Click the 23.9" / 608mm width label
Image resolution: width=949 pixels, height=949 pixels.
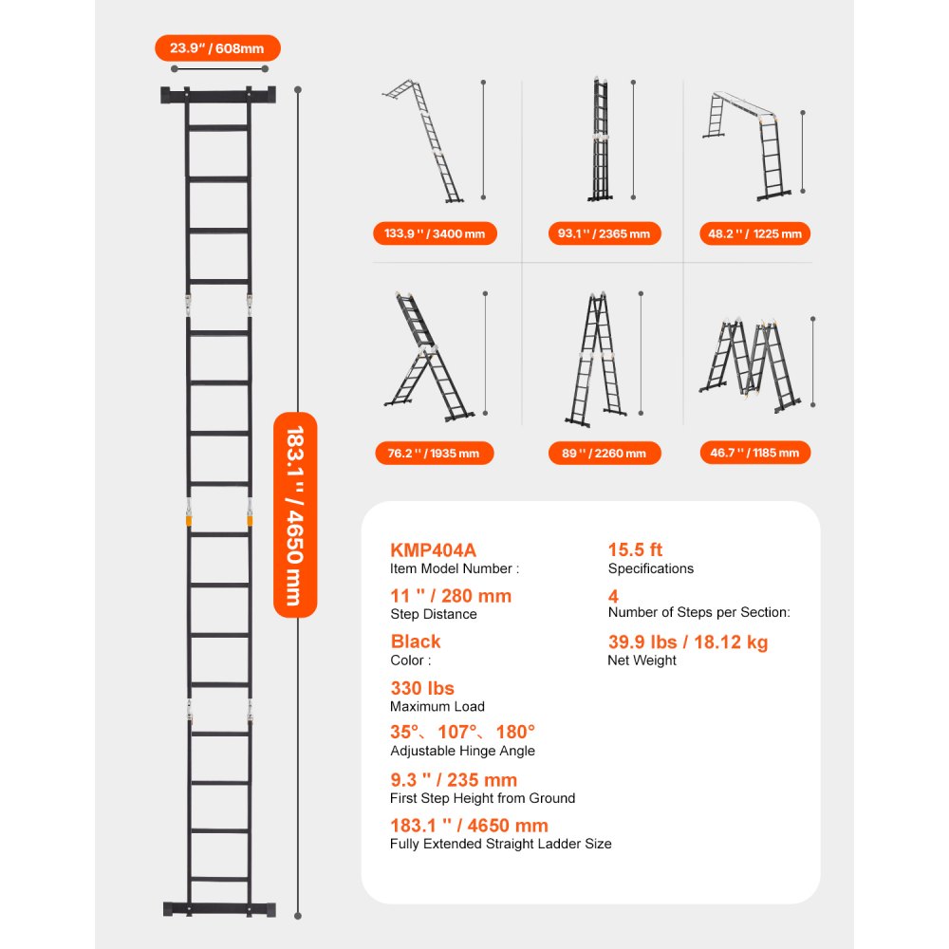point(217,48)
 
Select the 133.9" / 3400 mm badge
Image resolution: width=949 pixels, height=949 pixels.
point(435,233)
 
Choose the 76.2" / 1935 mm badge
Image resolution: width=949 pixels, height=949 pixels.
point(434,453)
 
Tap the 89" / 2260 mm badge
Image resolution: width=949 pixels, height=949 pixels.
point(605,453)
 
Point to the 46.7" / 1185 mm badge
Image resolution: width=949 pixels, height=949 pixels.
point(755,453)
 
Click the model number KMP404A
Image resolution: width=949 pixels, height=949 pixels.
point(434,549)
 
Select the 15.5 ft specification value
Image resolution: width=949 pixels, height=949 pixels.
point(635,549)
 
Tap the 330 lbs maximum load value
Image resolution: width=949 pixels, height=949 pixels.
point(422,688)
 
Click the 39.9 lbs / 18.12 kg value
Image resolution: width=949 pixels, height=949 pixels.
point(688,642)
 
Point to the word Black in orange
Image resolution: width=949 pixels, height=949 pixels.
point(416,641)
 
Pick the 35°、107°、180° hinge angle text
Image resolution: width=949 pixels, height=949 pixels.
point(463,732)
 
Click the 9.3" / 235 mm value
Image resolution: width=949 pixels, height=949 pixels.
point(454,779)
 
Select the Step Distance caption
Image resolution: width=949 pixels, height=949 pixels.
point(434,614)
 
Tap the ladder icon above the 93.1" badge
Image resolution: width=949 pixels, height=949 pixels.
point(600,140)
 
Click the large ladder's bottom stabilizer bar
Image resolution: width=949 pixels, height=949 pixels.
point(219,908)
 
